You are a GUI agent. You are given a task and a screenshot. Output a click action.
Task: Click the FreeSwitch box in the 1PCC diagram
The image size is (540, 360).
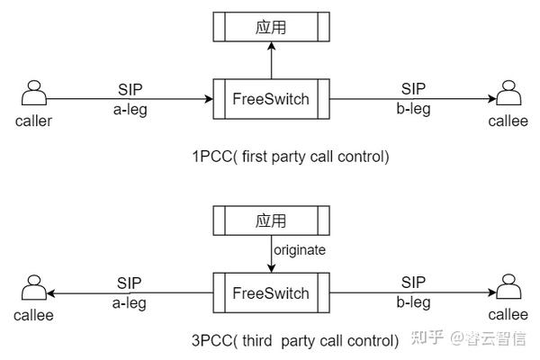point(271,98)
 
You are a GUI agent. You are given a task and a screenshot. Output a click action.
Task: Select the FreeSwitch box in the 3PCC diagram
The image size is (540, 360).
point(271,292)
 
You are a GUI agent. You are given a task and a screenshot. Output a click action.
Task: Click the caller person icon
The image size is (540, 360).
point(33,94)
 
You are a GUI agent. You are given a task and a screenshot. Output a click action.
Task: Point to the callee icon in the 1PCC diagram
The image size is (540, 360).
point(508,94)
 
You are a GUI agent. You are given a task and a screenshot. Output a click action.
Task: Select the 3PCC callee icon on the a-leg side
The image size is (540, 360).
point(33,288)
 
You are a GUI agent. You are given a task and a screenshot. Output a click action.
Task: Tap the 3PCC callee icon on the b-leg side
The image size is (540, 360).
point(508,288)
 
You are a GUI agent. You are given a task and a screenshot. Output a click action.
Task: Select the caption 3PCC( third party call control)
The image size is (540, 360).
point(294,340)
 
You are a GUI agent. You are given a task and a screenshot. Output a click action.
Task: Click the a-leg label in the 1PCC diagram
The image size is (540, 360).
point(129,110)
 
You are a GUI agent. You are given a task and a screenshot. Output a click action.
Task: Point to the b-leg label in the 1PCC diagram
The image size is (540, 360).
point(412,110)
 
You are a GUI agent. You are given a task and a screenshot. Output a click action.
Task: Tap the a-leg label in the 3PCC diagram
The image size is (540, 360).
point(129,304)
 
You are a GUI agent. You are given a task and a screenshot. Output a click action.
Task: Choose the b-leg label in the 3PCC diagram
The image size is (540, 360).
point(412,304)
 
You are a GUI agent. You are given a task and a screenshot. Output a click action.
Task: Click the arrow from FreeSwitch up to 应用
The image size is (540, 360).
point(271,61)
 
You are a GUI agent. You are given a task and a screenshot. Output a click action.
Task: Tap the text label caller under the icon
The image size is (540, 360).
point(33,120)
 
